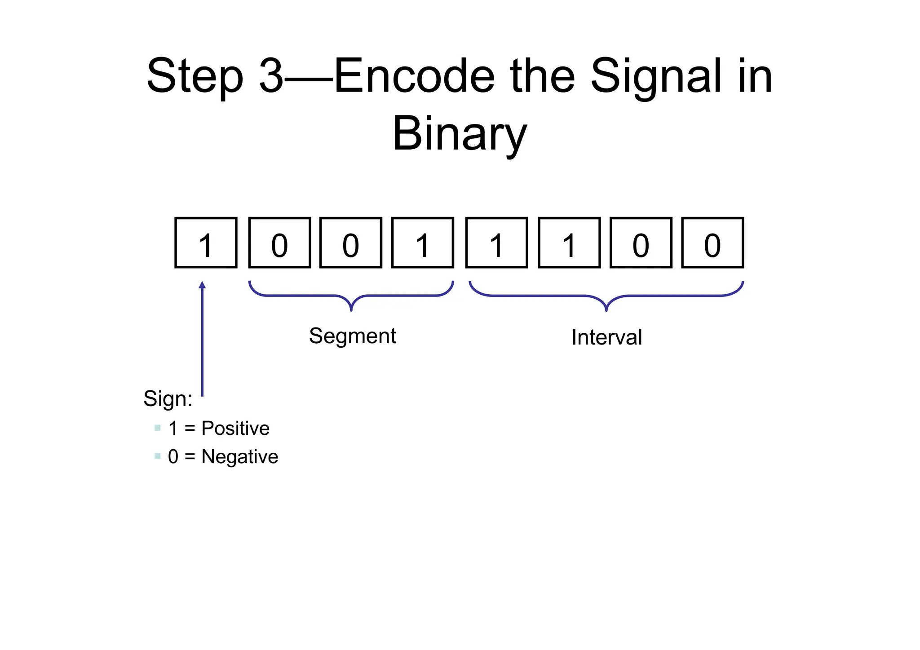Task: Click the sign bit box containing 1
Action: (206, 243)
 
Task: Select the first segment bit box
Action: (279, 243)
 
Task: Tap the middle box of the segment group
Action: (351, 243)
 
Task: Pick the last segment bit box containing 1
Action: (422, 243)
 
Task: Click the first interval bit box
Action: (496, 243)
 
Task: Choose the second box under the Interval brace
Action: (569, 243)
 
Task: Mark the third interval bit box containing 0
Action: (641, 243)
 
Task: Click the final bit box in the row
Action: (712, 243)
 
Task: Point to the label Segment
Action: (352, 336)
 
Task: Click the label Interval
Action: (606, 337)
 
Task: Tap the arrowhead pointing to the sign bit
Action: (202, 285)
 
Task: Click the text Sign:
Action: (168, 398)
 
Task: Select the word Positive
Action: (235, 428)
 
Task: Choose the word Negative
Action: (240, 457)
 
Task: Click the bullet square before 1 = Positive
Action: (157, 428)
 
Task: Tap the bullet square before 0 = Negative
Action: (157, 456)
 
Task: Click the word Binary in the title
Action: (459, 134)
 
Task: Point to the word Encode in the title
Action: (414, 76)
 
